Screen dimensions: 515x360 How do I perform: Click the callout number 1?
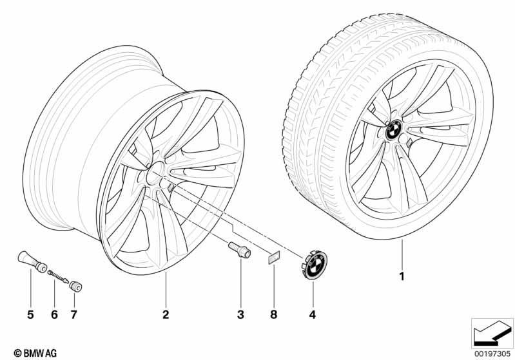tap(402, 277)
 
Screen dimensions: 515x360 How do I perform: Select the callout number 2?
tap(166, 314)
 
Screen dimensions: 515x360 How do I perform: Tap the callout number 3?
tap(240, 314)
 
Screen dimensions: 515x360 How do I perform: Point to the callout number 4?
tap(313, 314)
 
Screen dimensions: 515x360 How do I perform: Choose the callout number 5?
tap(30, 314)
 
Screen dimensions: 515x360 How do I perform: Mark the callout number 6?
tap(55, 314)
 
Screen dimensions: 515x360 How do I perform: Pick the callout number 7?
tap(73, 314)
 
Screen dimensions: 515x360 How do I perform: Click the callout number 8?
tap(273, 314)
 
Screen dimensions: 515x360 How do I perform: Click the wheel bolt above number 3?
tap(239, 250)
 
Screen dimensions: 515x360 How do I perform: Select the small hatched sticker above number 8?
tap(274, 257)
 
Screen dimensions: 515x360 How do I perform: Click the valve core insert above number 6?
tap(59, 277)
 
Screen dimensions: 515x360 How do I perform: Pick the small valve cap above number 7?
tap(75, 286)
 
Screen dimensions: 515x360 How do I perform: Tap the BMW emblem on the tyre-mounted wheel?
tap(393, 129)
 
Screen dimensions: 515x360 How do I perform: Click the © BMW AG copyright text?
tap(35, 353)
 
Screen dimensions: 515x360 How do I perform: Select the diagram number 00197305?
tap(492, 354)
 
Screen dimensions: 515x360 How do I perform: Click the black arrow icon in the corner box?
tap(491, 333)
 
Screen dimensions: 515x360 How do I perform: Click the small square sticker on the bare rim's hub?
tap(171, 187)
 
